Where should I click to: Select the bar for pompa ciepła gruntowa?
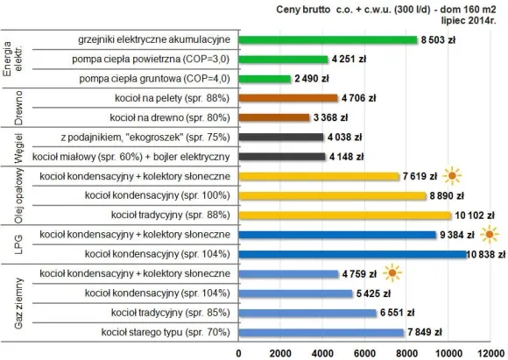[265, 79]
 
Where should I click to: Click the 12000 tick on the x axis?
[490, 352]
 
